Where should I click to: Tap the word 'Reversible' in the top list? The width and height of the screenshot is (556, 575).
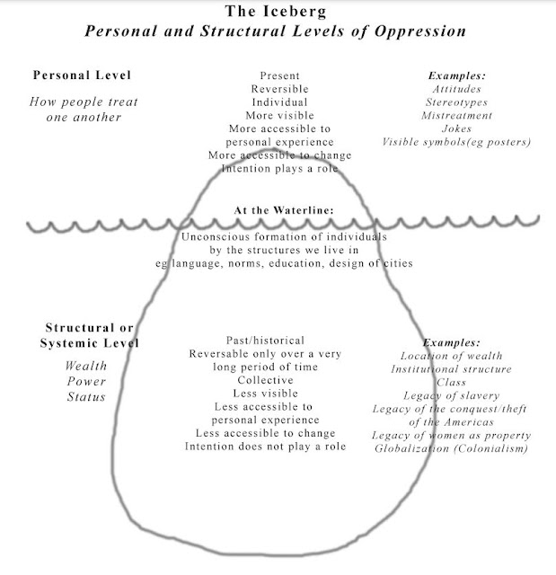(278, 90)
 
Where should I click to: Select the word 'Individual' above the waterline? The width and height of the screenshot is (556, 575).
(278, 102)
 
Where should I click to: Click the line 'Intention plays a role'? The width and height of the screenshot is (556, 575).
(278, 168)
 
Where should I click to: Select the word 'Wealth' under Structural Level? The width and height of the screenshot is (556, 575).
(86, 367)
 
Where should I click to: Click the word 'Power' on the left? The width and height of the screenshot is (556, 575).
(86, 382)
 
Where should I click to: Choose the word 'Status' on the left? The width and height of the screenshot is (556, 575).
(86, 397)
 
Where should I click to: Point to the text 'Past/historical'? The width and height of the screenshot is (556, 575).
(266, 341)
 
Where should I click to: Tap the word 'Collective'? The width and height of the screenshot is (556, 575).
(266, 380)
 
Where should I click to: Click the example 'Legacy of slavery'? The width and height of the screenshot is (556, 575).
(451, 395)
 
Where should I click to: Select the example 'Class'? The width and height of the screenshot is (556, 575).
(451, 382)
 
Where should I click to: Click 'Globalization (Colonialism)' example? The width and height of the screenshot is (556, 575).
(451, 447)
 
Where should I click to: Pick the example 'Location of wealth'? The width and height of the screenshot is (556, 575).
(451, 356)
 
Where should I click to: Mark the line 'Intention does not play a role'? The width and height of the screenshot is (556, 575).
(266, 447)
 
